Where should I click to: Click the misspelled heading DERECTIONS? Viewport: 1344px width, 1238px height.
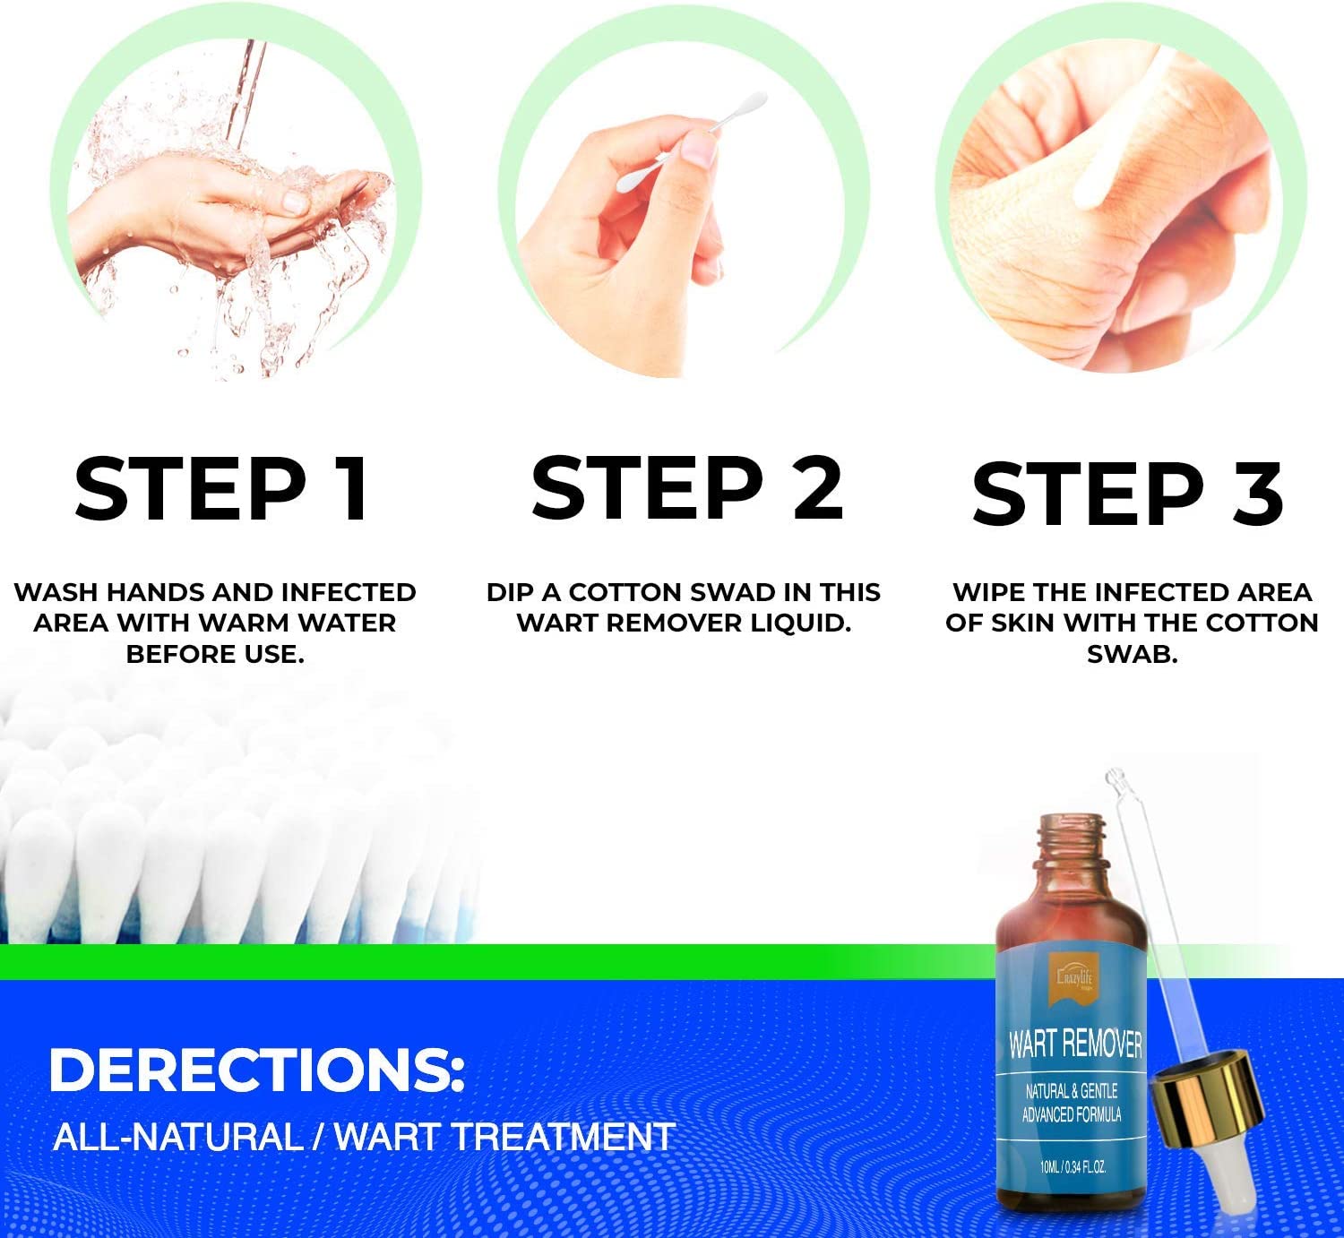(257, 1070)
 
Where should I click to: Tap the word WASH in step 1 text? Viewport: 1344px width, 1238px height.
(56, 592)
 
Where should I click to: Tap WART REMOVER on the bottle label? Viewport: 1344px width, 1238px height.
(1074, 1045)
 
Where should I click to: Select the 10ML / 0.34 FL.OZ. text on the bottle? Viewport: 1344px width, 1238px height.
(1073, 1166)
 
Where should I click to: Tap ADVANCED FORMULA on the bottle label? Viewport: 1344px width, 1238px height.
(1072, 1114)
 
